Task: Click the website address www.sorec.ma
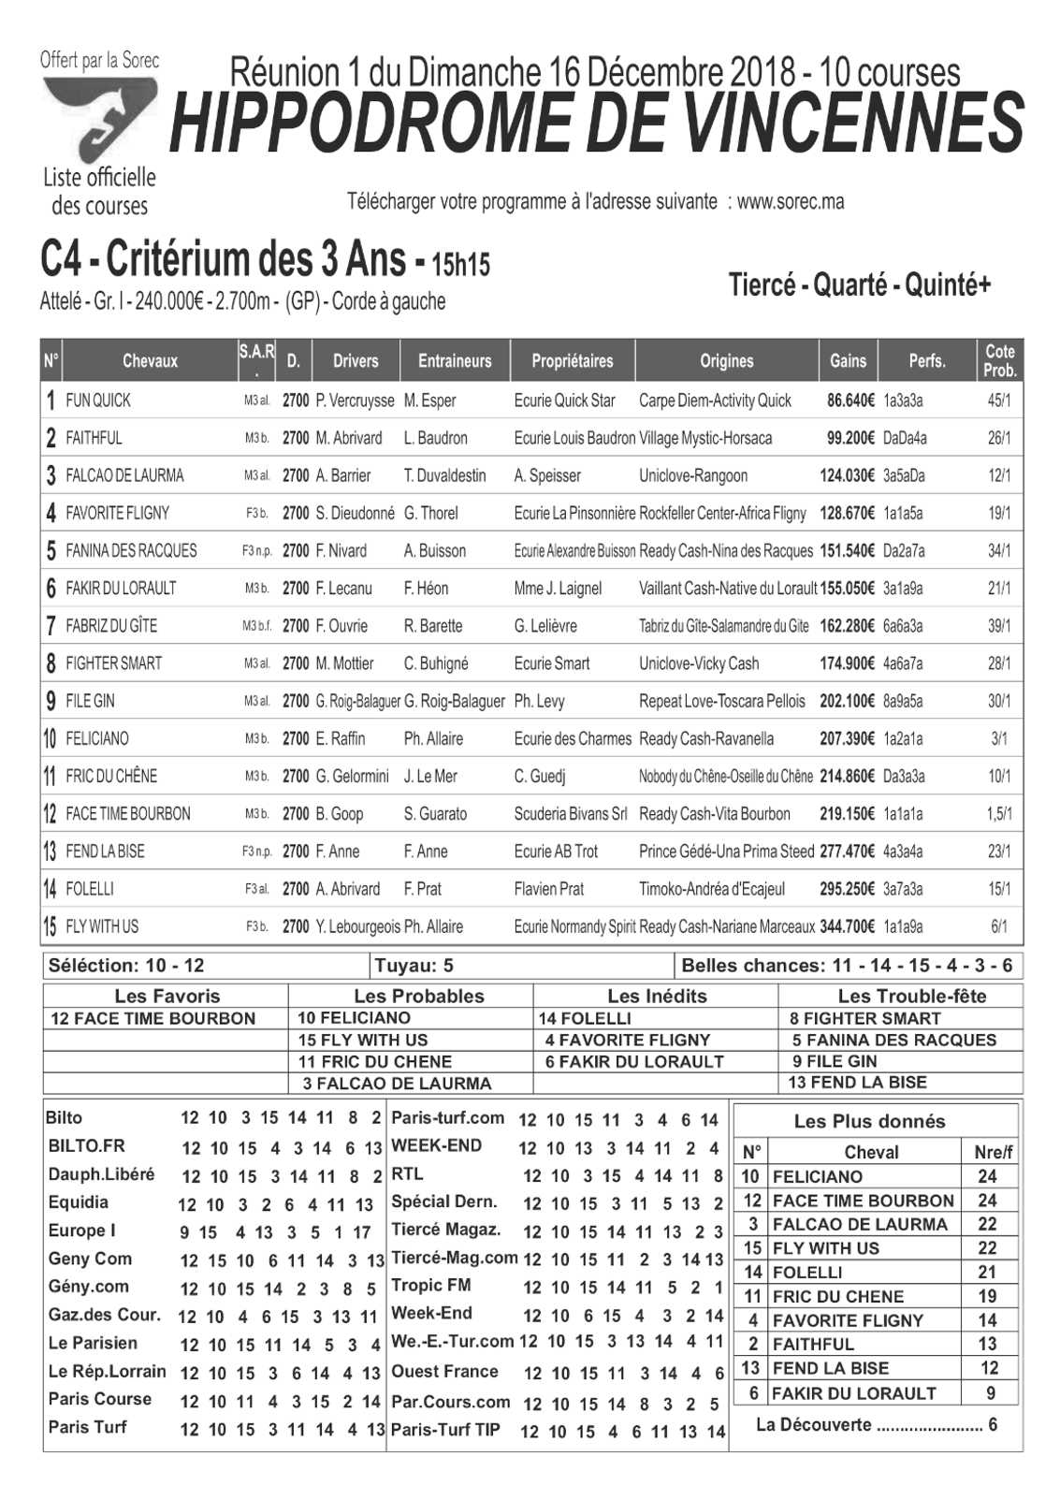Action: (791, 202)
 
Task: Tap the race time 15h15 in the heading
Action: (459, 265)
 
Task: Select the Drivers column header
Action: (356, 361)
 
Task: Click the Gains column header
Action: (848, 361)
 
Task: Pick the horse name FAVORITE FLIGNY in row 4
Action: (117, 513)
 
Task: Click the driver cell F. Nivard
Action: (341, 550)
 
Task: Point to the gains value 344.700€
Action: (847, 926)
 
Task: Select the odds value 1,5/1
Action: (999, 814)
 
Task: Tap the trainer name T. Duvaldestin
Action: (444, 475)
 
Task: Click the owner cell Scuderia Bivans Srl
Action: (571, 814)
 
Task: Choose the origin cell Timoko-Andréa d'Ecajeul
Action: (712, 889)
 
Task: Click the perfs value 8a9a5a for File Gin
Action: (903, 701)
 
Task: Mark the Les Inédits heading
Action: (657, 996)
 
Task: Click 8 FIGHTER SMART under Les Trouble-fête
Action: (865, 1018)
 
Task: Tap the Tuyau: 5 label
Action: (414, 966)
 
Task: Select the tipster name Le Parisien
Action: (93, 1343)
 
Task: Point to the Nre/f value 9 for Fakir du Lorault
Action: (991, 1393)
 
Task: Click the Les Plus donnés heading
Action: (869, 1121)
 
